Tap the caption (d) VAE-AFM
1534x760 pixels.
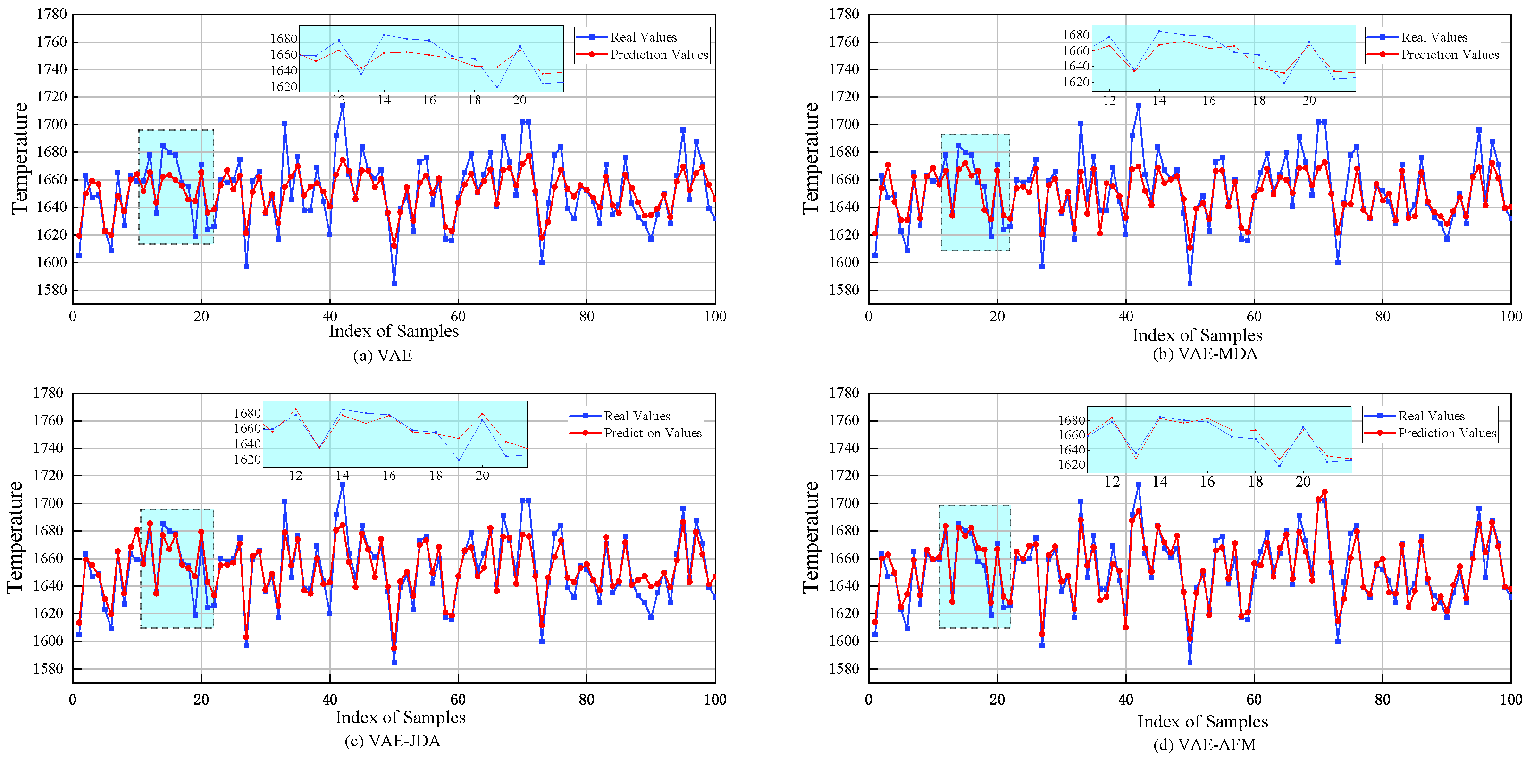(1204, 744)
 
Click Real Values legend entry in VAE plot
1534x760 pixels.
(643, 37)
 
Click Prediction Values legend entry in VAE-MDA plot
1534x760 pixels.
(1449, 55)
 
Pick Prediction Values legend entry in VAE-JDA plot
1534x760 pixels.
(652, 433)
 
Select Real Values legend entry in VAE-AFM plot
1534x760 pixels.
(1430, 416)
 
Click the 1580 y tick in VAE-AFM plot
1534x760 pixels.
(845, 669)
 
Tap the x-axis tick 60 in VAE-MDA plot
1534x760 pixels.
(1254, 317)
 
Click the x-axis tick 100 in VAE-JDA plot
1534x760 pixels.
(714, 700)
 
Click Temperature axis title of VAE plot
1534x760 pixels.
(20, 158)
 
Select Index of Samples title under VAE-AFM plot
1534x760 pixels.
(1202, 722)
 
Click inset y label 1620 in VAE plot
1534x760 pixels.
(284, 87)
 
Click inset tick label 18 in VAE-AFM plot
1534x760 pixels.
(1255, 482)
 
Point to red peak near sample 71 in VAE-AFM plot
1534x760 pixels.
(1324, 492)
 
